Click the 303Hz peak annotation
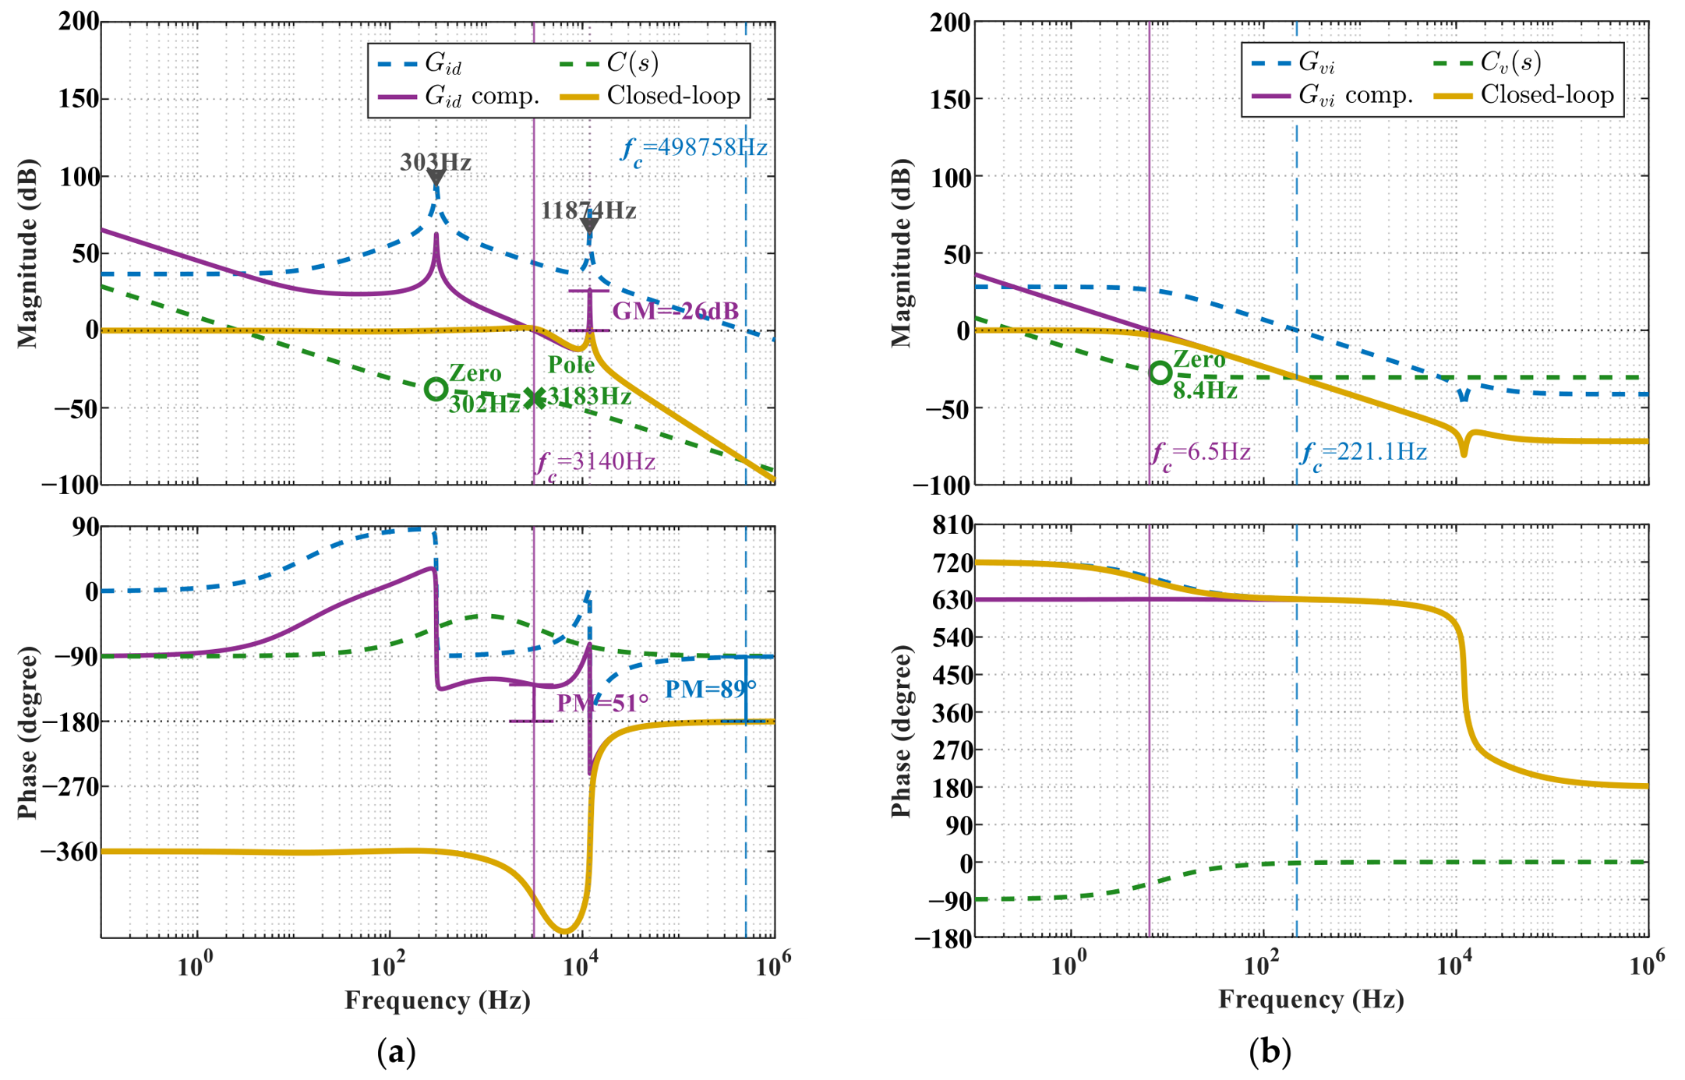[436, 162]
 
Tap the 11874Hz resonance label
[588, 210]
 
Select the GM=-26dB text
[676, 312]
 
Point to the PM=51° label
[602, 703]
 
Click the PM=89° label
[710, 689]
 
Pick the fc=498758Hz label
[694, 148]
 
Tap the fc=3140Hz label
[595, 463]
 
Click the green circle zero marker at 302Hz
[436, 389]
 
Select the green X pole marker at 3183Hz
[534, 398]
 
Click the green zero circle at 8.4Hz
[1160, 372]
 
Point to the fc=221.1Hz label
[1363, 454]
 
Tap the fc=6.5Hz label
[1200, 454]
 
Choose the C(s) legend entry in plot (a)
[610, 62]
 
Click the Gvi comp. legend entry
[1332, 96]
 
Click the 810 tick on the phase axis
[952, 526]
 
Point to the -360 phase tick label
[70, 851]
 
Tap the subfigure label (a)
[396, 1052]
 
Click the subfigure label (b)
[1270, 1052]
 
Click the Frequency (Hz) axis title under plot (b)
[1311, 1000]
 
